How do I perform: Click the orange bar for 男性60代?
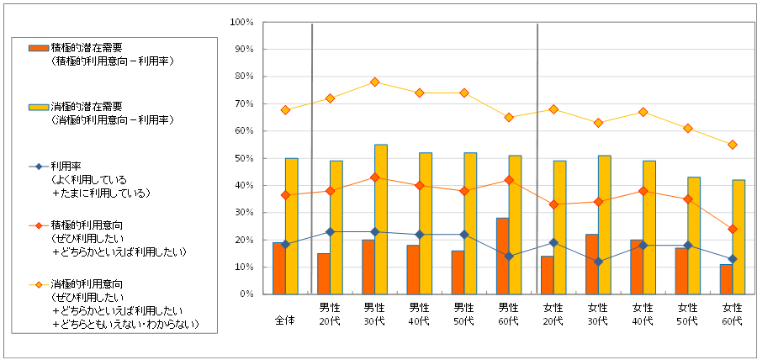tap(502, 257)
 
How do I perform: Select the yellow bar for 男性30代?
tap(381, 220)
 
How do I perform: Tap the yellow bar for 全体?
tap(291, 226)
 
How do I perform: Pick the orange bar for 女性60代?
tap(726, 279)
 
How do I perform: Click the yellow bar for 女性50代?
tap(694, 236)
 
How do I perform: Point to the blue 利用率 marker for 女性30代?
tap(598, 262)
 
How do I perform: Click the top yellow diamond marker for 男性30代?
tap(375, 82)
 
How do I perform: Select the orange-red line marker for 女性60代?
tap(733, 229)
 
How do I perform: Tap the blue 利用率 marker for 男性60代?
tap(509, 257)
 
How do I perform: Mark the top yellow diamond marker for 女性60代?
tap(733, 145)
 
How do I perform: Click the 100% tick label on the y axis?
tap(241, 22)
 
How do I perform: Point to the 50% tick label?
tap(243, 158)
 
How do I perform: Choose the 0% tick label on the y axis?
tap(246, 294)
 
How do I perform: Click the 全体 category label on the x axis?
tap(285, 320)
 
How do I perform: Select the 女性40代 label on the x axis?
tap(643, 314)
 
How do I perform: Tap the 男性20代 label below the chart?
tap(330, 314)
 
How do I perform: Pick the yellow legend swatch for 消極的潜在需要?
tap(39, 107)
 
